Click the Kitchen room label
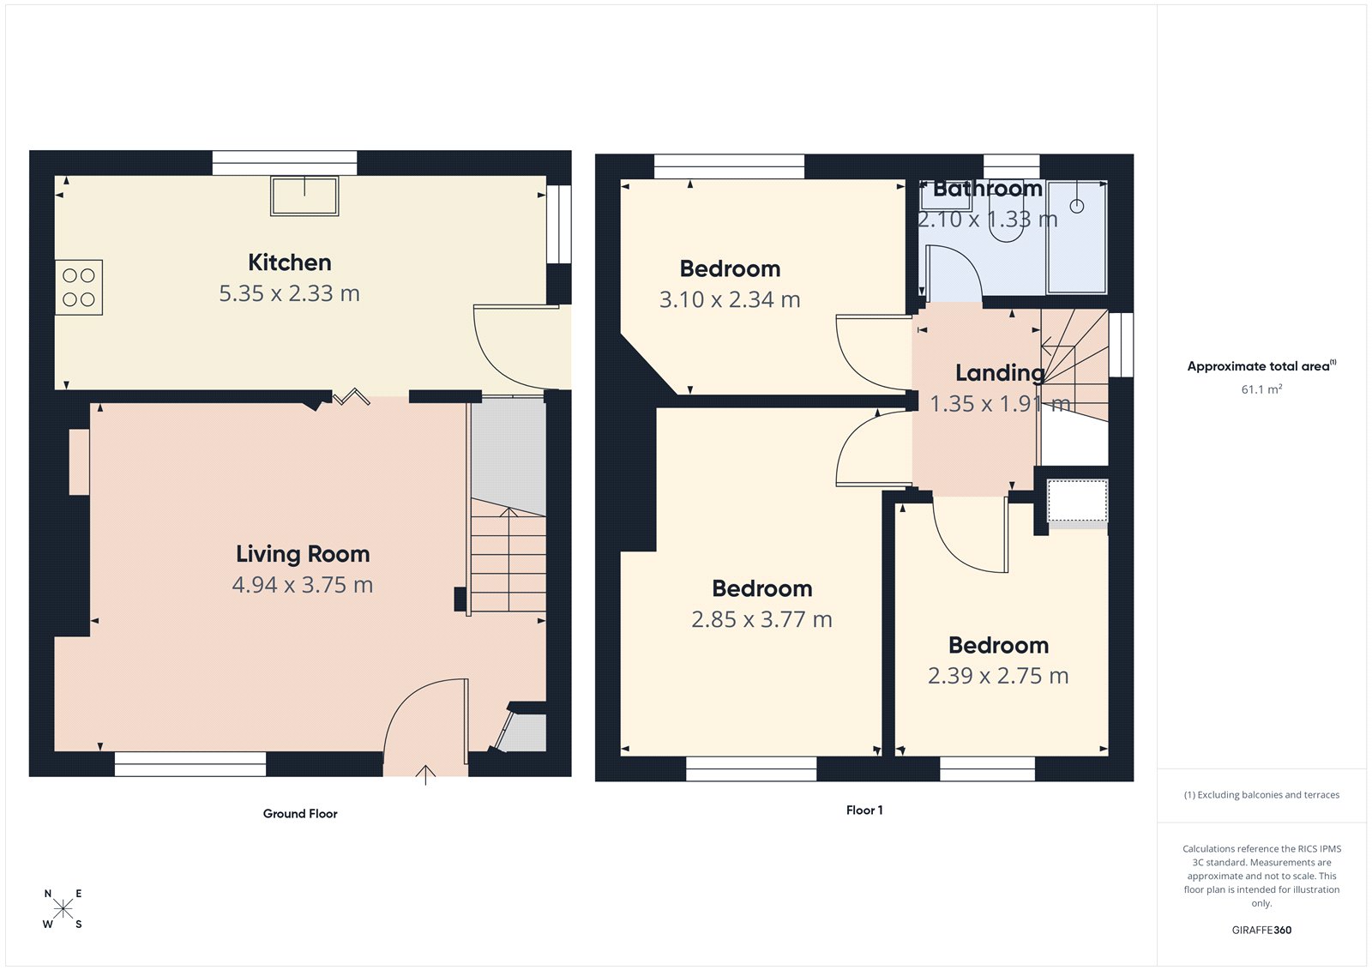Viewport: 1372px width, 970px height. [x=289, y=262]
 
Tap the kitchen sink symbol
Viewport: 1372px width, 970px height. [x=304, y=196]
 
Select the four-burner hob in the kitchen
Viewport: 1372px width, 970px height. [x=79, y=287]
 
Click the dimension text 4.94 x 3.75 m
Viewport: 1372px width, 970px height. [x=302, y=585]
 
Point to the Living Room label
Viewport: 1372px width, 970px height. [x=303, y=554]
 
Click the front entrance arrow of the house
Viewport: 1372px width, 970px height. [x=425, y=774]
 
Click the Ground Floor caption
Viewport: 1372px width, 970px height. [x=300, y=814]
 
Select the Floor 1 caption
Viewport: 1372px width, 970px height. [x=864, y=810]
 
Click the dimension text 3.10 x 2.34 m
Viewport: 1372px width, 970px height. [x=730, y=300]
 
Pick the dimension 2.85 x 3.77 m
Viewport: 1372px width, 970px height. [x=761, y=619]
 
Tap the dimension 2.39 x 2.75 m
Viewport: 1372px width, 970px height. [x=998, y=676]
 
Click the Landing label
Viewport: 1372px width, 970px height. [x=999, y=373]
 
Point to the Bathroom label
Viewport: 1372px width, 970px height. [x=987, y=189]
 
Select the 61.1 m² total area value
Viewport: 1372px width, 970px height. [x=1261, y=389]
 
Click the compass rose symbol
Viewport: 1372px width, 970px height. [x=63, y=909]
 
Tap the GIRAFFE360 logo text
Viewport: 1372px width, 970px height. [x=1261, y=930]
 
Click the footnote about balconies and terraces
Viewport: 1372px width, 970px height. [x=1261, y=795]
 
